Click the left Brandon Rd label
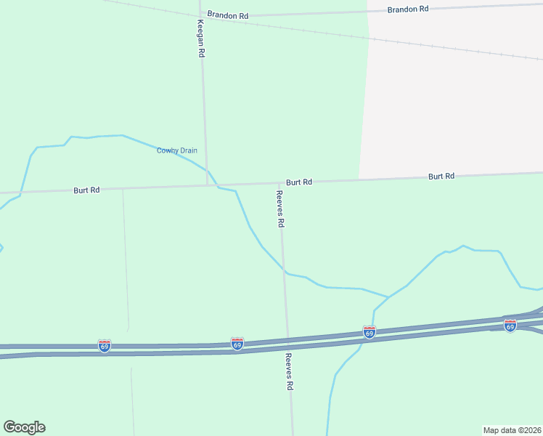pos(227,15)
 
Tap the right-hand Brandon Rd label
pos(407,9)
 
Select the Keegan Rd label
pos(201,39)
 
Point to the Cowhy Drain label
pos(177,150)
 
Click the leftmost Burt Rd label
pos(86,190)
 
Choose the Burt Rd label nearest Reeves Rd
pos(298,182)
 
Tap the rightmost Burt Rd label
pos(441,176)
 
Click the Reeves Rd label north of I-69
pos(279,209)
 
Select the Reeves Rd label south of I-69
pos(288,372)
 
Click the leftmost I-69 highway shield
pos(105,346)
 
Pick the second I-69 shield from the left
pos(237,343)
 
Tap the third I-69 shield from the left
pos(370,332)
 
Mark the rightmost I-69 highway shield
pos(510,326)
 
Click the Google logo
pos(24,427)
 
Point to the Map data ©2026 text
pos(512,430)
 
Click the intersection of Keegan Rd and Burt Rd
pos(207,185)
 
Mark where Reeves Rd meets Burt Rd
pos(281,183)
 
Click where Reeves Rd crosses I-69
pos(287,342)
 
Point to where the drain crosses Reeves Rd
pos(285,273)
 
